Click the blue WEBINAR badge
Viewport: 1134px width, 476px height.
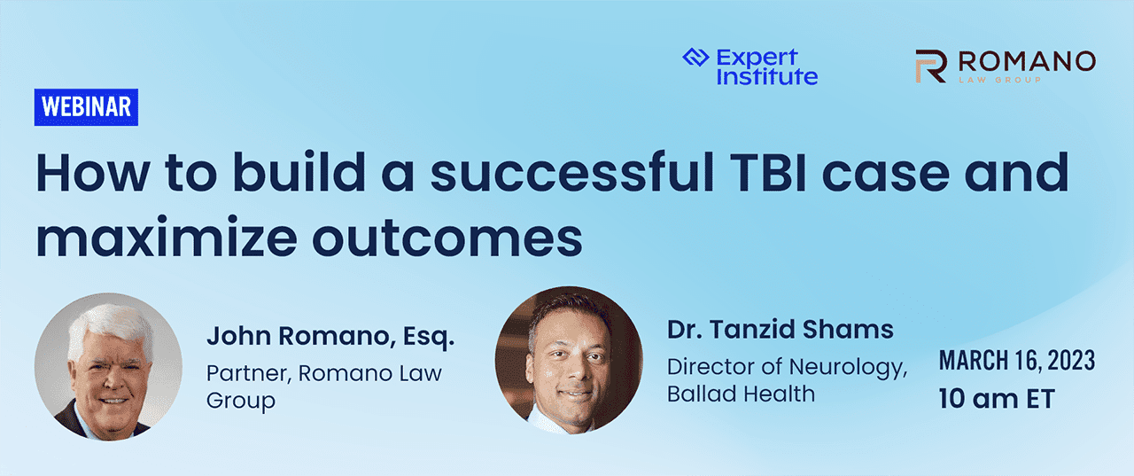click(x=86, y=107)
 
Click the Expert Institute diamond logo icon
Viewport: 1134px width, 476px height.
click(x=696, y=59)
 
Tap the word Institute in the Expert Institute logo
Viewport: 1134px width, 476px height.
click(x=767, y=76)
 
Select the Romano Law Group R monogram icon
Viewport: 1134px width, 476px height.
click(x=931, y=66)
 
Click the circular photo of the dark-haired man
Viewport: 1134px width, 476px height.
click(x=569, y=360)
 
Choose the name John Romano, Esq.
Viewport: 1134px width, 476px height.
click(x=330, y=337)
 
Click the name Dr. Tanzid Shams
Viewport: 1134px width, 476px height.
click(x=780, y=331)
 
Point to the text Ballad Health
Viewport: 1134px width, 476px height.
click(x=741, y=394)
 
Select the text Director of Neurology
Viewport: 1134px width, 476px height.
click(x=787, y=366)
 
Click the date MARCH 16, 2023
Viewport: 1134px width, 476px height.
click(x=1017, y=361)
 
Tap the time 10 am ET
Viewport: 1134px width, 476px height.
click(x=997, y=399)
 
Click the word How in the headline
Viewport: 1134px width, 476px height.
click(x=89, y=175)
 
